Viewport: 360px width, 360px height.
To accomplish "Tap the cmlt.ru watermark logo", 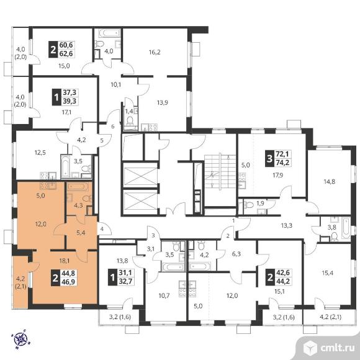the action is (x=329, y=348).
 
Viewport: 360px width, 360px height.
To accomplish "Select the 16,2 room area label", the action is (x=155, y=52).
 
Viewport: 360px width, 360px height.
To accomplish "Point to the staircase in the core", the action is (x=220, y=172).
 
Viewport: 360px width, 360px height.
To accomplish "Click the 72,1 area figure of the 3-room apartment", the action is (x=284, y=153).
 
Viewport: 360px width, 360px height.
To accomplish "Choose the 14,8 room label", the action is (x=329, y=182).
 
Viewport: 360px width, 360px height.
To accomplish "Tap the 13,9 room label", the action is (x=163, y=102).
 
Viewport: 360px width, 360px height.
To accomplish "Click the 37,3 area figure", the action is (x=70, y=92).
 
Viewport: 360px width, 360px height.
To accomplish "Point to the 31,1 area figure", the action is (x=125, y=272).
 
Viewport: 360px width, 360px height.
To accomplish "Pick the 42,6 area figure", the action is (x=283, y=272).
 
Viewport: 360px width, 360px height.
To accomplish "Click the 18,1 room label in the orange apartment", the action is (x=65, y=261).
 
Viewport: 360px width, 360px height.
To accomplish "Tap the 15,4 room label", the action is (x=327, y=273).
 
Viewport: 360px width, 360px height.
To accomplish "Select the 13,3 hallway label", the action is (x=287, y=226).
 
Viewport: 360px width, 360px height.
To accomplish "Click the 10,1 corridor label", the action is (x=116, y=84).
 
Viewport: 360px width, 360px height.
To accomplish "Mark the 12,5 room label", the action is (x=40, y=152).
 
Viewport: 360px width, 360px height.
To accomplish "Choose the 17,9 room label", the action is (x=278, y=176).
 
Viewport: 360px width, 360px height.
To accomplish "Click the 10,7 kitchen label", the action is (x=164, y=295).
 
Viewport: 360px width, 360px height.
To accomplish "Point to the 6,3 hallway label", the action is (x=236, y=254).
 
